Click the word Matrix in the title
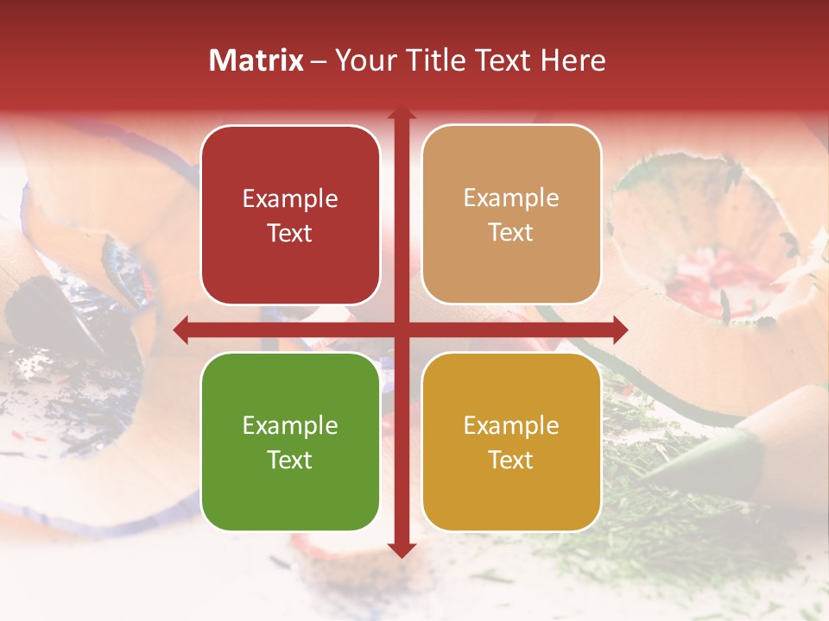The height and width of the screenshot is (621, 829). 256,60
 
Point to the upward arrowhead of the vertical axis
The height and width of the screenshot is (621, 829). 401,113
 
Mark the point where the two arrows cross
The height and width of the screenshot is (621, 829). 401,329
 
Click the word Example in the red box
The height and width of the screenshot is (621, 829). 290,199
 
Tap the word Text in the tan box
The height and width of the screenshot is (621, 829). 511,233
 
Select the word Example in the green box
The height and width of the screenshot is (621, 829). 290,426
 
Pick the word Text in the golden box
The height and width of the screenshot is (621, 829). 511,460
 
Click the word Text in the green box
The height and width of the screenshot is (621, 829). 290,460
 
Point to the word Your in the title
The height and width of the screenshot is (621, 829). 362,60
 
